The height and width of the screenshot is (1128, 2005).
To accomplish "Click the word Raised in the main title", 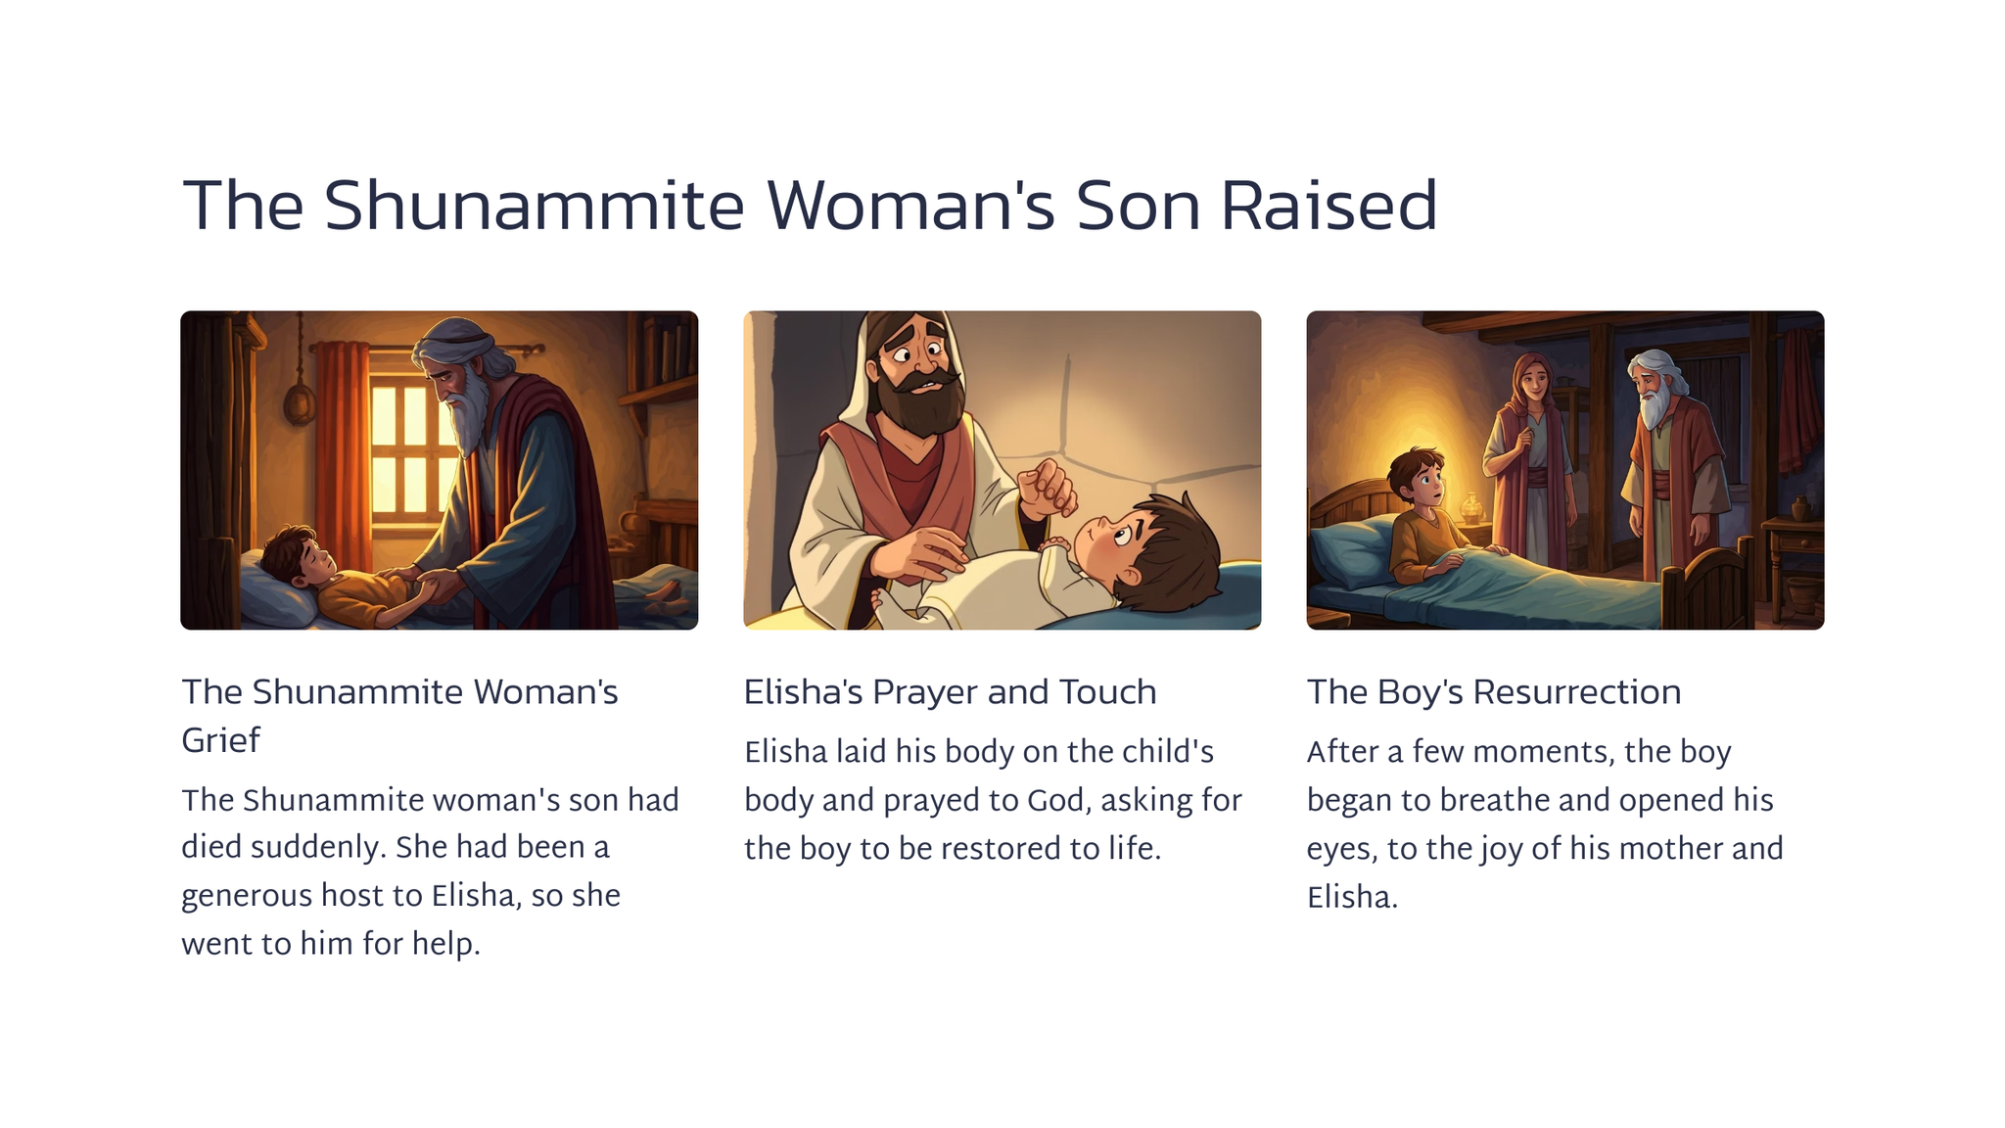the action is (x=1329, y=206).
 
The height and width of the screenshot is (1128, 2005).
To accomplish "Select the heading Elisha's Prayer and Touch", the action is (x=950, y=692).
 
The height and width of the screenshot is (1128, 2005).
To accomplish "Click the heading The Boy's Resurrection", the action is (x=1494, y=692).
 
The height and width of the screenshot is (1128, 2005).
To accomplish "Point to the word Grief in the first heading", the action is (x=220, y=741).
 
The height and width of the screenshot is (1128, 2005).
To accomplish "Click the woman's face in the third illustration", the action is (x=1534, y=379).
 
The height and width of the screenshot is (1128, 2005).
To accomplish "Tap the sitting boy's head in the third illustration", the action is (x=1418, y=477).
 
